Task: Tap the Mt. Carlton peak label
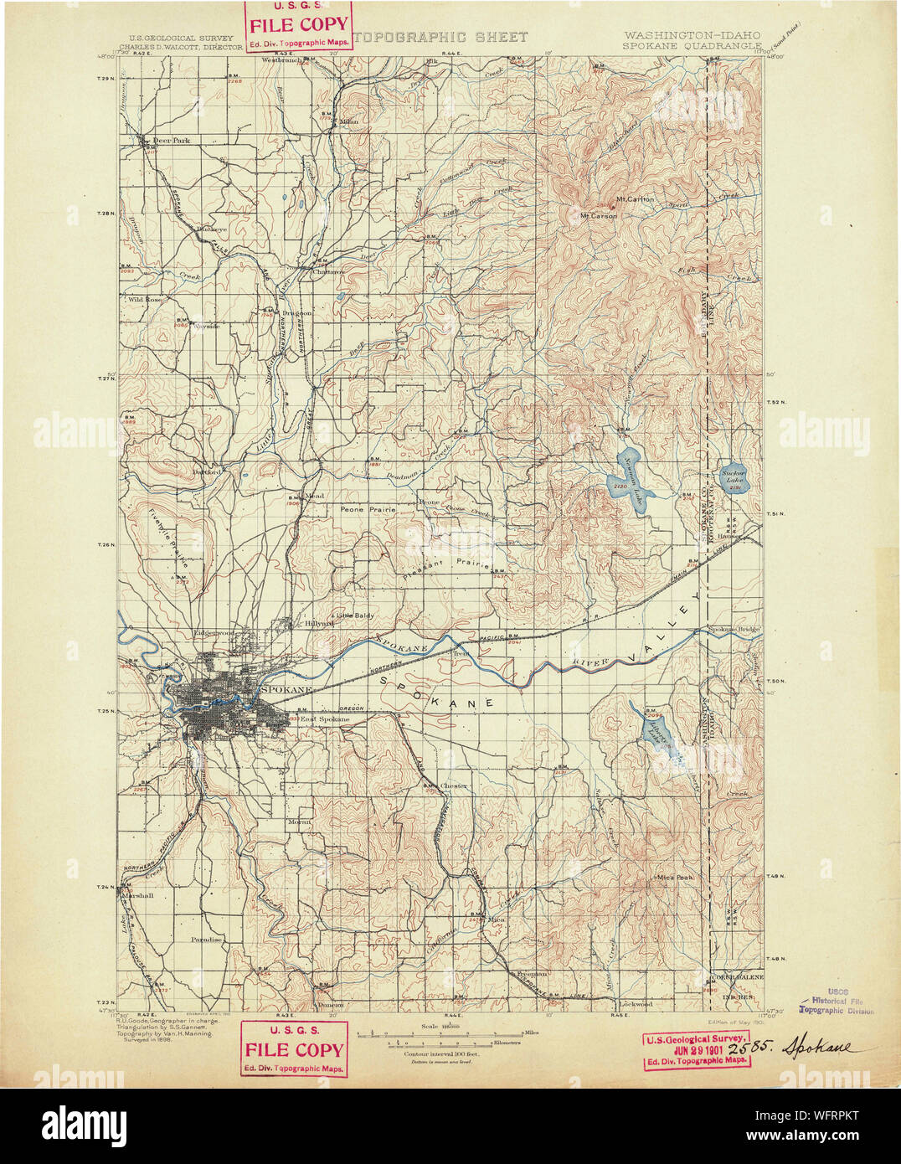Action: [x=635, y=199]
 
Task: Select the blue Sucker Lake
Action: [x=734, y=479]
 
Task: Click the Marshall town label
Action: [x=138, y=895]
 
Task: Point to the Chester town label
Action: [x=454, y=785]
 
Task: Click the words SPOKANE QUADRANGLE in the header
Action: [x=691, y=47]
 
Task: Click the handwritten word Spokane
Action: [x=821, y=1048]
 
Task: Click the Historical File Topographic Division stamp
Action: [x=837, y=1001]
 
